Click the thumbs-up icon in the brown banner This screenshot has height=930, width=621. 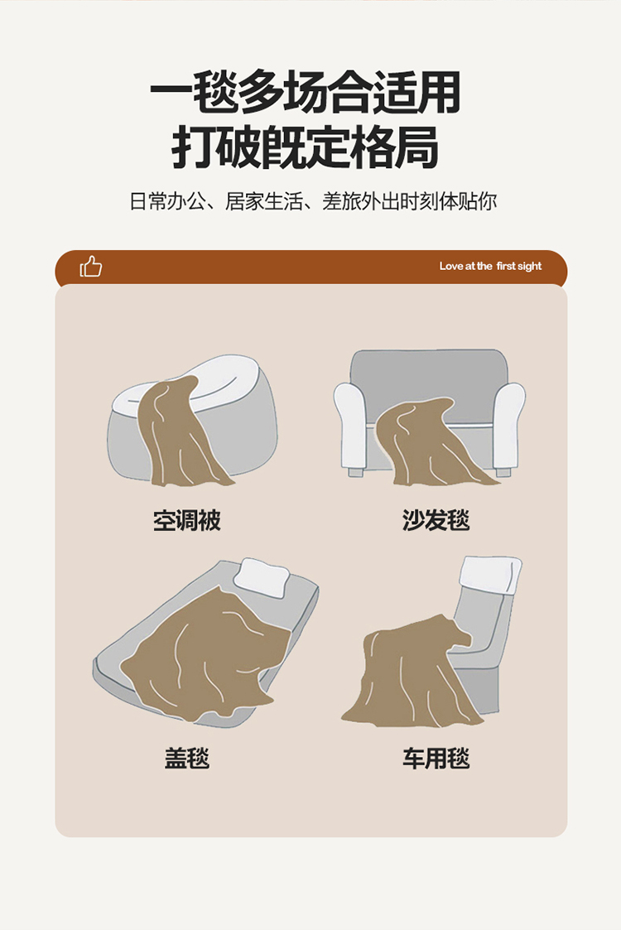click(x=91, y=267)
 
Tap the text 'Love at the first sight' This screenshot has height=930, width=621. click(x=490, y=267)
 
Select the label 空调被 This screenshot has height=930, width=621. click(x=187, y=520)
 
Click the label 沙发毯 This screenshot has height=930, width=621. click(x=436, y=520)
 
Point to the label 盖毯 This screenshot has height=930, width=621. click(x=187, y=758)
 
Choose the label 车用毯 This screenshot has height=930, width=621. click(x=436, y=758)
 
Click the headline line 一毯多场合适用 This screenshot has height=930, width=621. click(x=305, y=93)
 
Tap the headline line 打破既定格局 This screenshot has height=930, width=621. click(x=305, y=147)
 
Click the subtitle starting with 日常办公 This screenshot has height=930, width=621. click(x=313, y=202)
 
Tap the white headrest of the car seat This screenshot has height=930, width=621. click(x=491, y=574)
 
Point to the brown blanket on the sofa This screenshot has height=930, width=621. click(x=427, y=442)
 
